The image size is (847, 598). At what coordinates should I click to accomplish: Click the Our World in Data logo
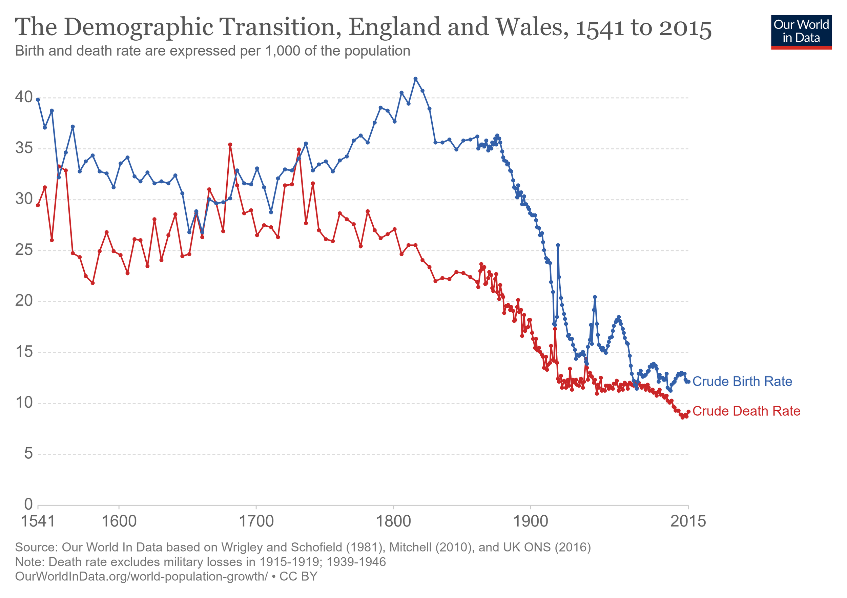pos(801,32)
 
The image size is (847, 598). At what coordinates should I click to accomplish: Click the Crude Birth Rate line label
pos(742,382)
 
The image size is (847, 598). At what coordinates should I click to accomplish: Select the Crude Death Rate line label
pos(746,411)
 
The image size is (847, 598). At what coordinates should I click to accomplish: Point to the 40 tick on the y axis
pos(24,97)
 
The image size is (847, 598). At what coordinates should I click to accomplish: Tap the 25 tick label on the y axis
pos(24,250)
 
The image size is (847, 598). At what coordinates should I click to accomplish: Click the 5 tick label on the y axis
pos(28,453)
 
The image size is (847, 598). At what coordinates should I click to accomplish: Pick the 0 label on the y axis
pos(28,504)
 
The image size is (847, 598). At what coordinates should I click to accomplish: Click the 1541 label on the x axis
pos(38,522)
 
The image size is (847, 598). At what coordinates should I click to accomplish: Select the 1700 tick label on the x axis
pos(256,522)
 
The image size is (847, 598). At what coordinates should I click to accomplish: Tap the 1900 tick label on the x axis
pos(531,522)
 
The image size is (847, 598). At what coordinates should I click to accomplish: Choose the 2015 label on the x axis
pos(688,522)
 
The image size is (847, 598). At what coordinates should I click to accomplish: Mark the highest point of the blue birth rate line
pos(415,79)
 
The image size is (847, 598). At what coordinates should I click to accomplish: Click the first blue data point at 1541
pos(38,100)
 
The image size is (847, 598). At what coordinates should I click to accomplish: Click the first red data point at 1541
pos(38,205)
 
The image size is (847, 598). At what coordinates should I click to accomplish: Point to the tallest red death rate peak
pos(230,145)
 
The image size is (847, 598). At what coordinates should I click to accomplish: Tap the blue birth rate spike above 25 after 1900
pos(558,245)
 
